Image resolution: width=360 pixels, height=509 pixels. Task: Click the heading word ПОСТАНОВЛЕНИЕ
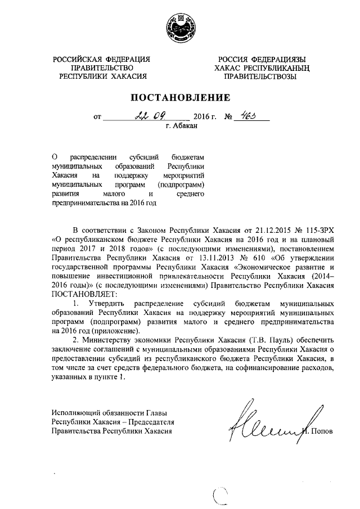click(x=180, y=97)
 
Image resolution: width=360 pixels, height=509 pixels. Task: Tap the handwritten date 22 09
click(x=148, y=116)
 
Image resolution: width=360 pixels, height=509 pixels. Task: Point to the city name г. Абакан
click(x=182, y=127)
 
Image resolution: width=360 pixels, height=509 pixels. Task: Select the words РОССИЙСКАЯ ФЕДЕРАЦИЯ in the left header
click(x=102, y=59)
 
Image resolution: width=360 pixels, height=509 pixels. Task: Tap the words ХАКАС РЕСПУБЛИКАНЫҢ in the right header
click(x=259, y=67)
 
